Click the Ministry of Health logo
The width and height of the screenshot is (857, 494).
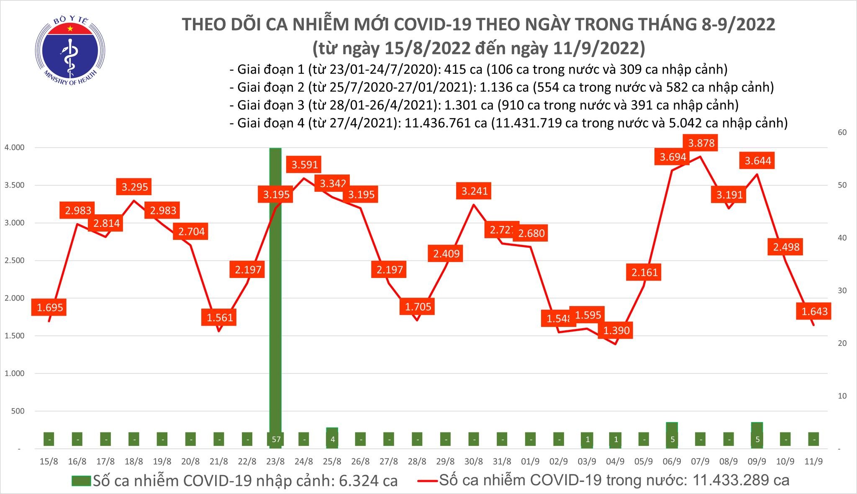[x=70, y=49]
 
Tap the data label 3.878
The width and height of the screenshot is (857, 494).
[x=701, y=143]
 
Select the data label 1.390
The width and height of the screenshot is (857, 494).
[x=616, y=330]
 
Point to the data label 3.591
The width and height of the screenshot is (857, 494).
[x=305, y=165]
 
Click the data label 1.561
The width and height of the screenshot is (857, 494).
[x=220, y=317]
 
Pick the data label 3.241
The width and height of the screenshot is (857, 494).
[x=475, y=191]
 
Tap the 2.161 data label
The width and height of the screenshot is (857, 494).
[x=645, y=272]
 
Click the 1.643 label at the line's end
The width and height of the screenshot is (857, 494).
[x=814, y=311]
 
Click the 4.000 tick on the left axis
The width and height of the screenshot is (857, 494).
[x=14, y=147]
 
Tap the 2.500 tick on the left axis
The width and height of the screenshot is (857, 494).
[x=14, y=260]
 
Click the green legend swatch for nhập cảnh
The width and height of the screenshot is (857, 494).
[x=81, y=480]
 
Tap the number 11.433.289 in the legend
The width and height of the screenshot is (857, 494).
[x=739, y=480]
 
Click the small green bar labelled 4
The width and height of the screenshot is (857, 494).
[x=332, y=438]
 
